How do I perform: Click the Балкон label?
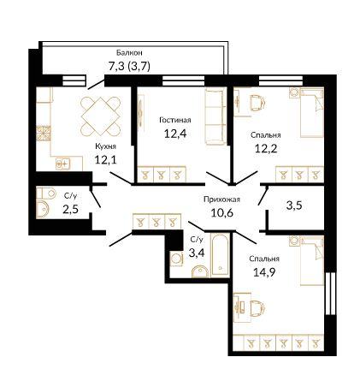click(129, 52)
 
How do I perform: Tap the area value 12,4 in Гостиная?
click(175, 133)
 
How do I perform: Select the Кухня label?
click(105, 146)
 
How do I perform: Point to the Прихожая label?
click(221, 199)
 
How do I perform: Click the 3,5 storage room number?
click(294, 205)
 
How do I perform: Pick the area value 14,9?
click(264, 272)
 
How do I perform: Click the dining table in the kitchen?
click(100, 116)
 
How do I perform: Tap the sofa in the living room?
click(215, 116)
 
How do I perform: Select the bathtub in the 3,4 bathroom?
click(220, 255)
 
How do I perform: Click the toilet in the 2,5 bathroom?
click(46, 193)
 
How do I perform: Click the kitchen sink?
click(62, 164)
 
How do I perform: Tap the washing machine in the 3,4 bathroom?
click(176, 259)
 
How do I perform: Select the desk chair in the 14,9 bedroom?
click(257, 307)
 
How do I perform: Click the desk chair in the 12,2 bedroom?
click(257, 102)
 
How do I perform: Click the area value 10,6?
click(222, 212)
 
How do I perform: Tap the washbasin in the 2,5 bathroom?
click(43, 210)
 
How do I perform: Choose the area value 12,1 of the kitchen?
click(105, 160)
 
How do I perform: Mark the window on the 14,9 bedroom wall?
click(330, 294)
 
